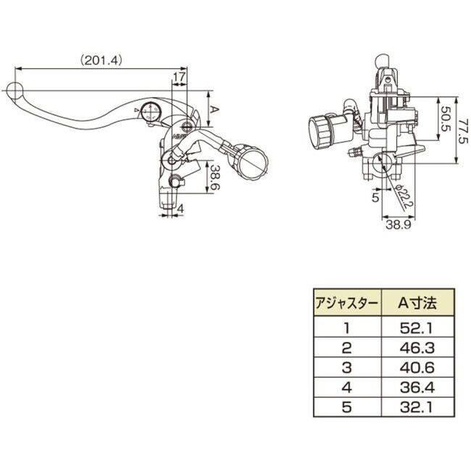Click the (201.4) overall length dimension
[x=101, y=61]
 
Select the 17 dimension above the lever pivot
[x=179, y=78]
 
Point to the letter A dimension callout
[x=214, y=109]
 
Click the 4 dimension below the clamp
[x=180, y=209]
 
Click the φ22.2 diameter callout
[x=404, y=196]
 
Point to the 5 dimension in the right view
[x=376, y=197]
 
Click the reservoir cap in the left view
[x=253, y=162]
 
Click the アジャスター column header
[x=346, y=304]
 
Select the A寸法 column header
[x=417, y=304]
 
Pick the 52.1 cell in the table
[x=417, y=328]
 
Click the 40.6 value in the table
[x=417, y=367]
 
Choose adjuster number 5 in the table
[x=346, y=407]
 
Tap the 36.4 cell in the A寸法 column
[x=417, y=388]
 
